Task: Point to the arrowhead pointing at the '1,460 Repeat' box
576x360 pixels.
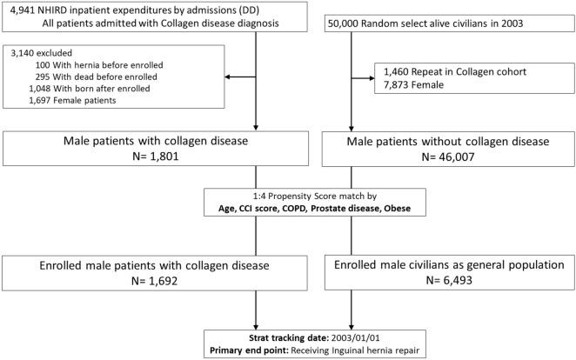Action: point(365,76)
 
